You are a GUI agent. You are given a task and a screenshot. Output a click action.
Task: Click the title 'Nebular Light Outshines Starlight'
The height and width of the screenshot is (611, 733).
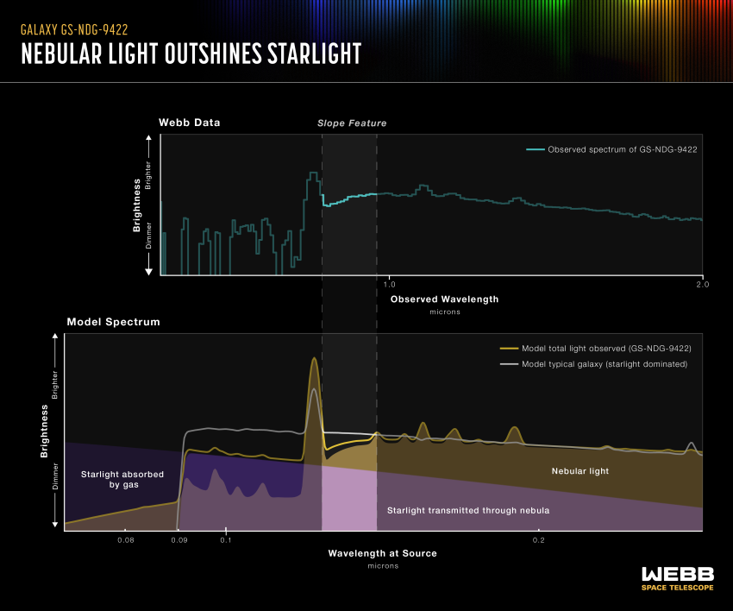pyautogui.click(x=191, y=54)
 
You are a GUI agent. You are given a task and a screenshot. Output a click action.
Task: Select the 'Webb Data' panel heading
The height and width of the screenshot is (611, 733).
pyautogui.click(x=189, y=123)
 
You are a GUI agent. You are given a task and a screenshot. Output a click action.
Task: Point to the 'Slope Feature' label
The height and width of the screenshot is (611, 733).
pyautogui.click(x=352, y=123)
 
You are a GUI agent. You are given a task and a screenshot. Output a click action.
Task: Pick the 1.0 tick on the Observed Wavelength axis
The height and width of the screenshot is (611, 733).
pyautogui.click(x=388, y=284)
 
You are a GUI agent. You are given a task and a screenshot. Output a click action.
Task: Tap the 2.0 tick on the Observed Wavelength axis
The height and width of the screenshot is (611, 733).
pyautogui.click(x=700, y=284)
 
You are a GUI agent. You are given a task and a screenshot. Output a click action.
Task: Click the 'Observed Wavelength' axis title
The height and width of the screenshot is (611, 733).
pyautogui.click(x=444, y=299)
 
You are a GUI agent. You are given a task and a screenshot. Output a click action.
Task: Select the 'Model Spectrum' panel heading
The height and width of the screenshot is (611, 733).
pyautogui.click(x=102, y=322)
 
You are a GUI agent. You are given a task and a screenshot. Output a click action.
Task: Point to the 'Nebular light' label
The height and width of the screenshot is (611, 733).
pyautogui.click(x=580, y=471)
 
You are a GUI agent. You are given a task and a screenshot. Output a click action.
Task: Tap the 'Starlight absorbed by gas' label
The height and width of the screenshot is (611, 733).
pyautogui.click(x=110, y=480)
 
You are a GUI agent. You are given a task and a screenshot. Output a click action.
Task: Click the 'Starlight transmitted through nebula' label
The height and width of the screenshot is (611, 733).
pyautogui.click(x=467, y=510)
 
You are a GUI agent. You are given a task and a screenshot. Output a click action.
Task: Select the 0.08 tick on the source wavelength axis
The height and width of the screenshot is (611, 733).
pyautogui.click(x=126, y=540)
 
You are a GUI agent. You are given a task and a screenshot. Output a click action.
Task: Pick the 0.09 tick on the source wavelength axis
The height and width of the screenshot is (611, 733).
pyautogui.click(x=179, y=540)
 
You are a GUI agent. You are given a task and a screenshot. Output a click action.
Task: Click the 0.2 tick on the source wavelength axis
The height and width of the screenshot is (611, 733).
pyautogui.click(x=538, y=540)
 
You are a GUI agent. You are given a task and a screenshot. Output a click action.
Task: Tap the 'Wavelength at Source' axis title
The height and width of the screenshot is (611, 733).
pyautogui.click(x=382, y=553)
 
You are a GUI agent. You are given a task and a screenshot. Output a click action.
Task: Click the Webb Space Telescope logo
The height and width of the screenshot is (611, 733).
pyautogui.click(x=677, y=578)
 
